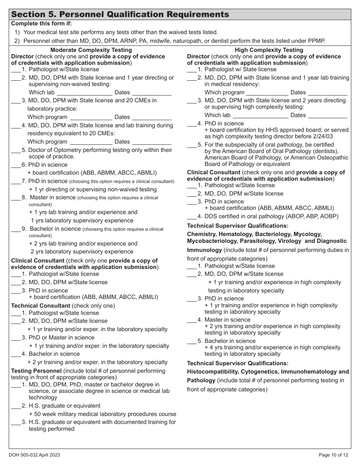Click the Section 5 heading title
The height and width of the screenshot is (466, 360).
[x=120, y=14]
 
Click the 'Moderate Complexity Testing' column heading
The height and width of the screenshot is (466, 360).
[x=91, y=50]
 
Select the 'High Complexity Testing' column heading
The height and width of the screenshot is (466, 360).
[x=269, y=50]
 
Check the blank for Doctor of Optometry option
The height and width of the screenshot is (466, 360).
[x=16, y=150]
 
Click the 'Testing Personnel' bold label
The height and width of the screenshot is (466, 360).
[x=36, y=371]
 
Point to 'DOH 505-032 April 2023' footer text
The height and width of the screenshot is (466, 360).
[x=34, y=455]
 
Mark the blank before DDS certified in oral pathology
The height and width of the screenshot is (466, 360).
[x=192, y=217]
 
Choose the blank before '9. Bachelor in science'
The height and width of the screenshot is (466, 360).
[x=16, y=229]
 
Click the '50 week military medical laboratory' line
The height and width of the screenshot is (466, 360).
[x=102, y=414]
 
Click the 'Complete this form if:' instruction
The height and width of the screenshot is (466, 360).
[x=41, y=23]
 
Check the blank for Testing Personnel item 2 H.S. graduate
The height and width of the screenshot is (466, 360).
[x=16, y=406]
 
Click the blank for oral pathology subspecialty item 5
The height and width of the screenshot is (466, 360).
[x=192, y=145]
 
